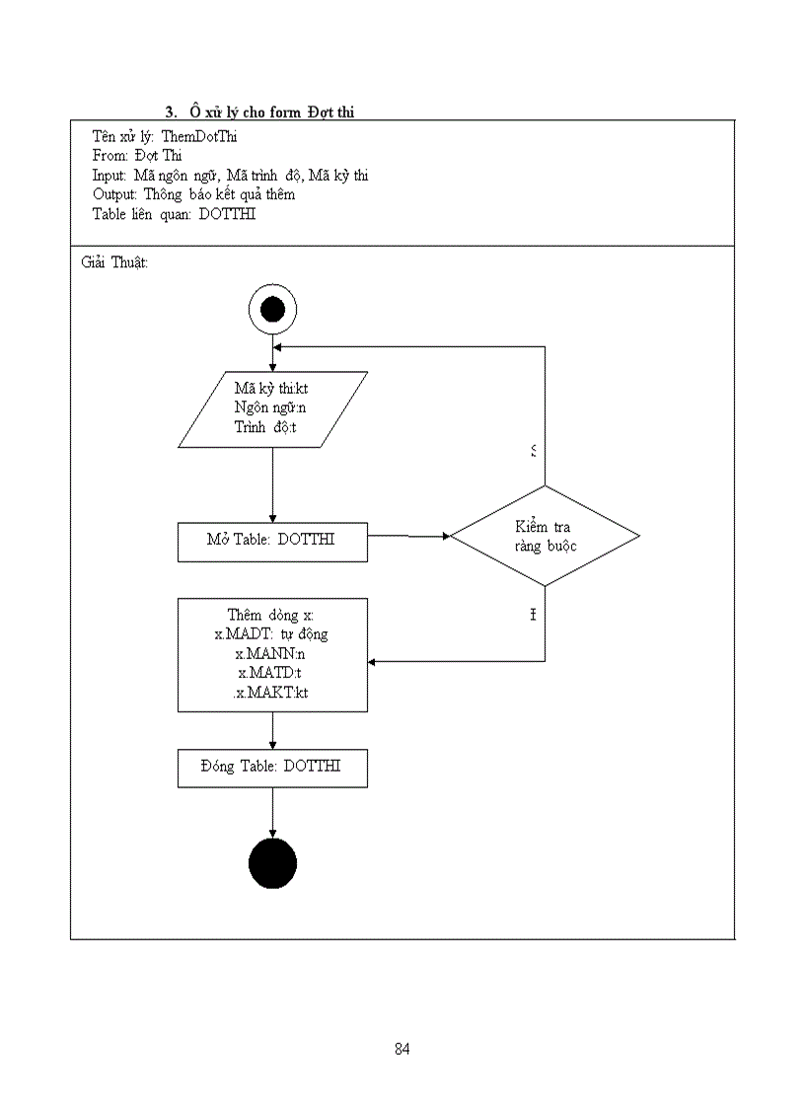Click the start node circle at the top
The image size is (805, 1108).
272,311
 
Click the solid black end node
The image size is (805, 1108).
272,864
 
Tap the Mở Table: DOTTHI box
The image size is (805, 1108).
272,541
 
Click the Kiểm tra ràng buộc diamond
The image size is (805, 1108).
545,536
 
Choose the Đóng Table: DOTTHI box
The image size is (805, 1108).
272,767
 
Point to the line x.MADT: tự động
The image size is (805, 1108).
271,633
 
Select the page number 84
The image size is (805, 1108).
402,1049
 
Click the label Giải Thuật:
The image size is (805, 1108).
113,263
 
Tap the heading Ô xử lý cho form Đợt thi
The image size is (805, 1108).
272,111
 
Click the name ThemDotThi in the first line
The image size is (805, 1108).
198,136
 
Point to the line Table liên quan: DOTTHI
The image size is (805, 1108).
174,214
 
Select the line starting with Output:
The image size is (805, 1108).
193,194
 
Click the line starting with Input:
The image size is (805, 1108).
230,175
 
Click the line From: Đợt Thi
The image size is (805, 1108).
137,156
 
